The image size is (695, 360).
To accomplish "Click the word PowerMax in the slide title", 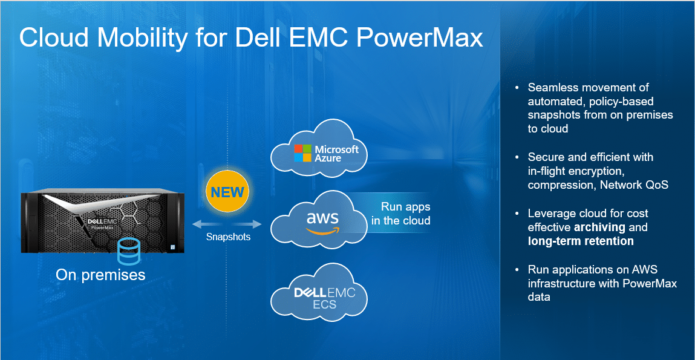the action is [x=419, y=38].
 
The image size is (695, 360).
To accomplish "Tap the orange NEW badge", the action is [x=227, y=192].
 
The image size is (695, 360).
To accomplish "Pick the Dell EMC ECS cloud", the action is [x=320, y=292].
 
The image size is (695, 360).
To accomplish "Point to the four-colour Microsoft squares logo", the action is [x=302, y=152].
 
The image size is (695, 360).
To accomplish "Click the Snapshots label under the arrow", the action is [x=228, y=237].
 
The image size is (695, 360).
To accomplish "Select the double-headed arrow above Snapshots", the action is [x=227, y=224].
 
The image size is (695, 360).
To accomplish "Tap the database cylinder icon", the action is [x=129, y=251].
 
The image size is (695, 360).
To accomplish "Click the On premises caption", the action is [x=100, y=275].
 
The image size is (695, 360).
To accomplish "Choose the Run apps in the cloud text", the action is [x=400, y=214].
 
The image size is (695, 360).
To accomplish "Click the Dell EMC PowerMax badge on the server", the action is [x=99, y=223].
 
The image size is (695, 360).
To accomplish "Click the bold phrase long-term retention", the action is [x=581, y=241].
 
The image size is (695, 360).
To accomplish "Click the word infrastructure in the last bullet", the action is [x=557, y=283].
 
